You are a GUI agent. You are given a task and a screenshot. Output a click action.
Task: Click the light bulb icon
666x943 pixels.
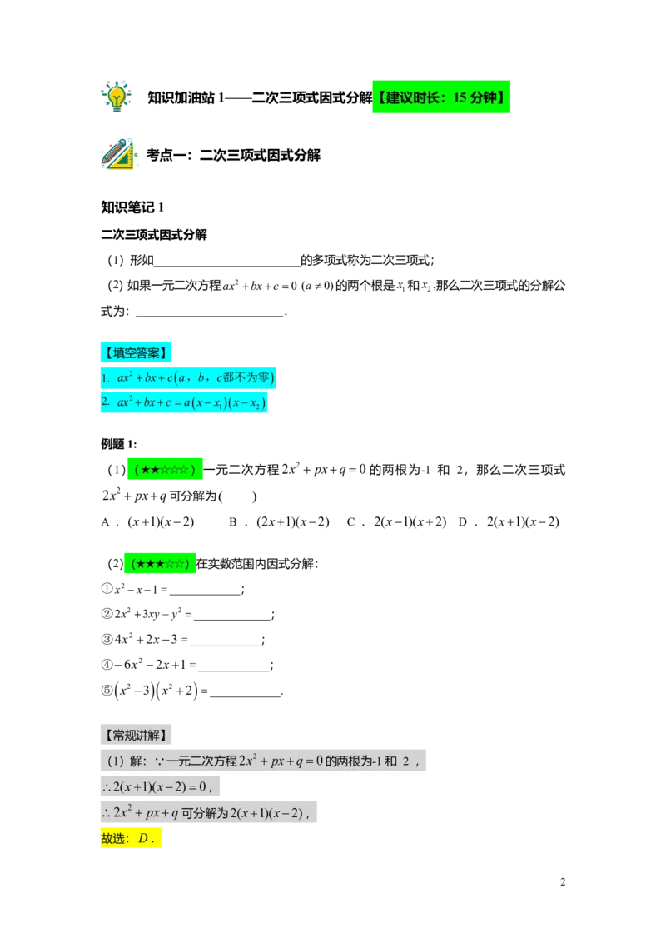point(117,96)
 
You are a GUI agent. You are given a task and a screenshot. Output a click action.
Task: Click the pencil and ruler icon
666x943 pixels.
point(119,155)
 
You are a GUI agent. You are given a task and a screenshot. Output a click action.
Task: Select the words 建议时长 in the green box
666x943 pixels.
point(415,98)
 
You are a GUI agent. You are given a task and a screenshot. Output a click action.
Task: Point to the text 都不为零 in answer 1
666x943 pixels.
point(251,377)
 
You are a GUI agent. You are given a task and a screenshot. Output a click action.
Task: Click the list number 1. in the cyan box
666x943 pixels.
point(106,378)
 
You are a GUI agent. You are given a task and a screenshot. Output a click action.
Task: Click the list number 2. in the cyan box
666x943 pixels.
point(106,402)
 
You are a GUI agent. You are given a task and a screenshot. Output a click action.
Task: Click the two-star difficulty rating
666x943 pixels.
point(166,469)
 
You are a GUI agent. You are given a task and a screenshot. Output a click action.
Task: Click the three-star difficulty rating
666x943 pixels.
point(161,565)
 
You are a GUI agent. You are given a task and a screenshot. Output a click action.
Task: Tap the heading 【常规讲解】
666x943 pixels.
point(137,735)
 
